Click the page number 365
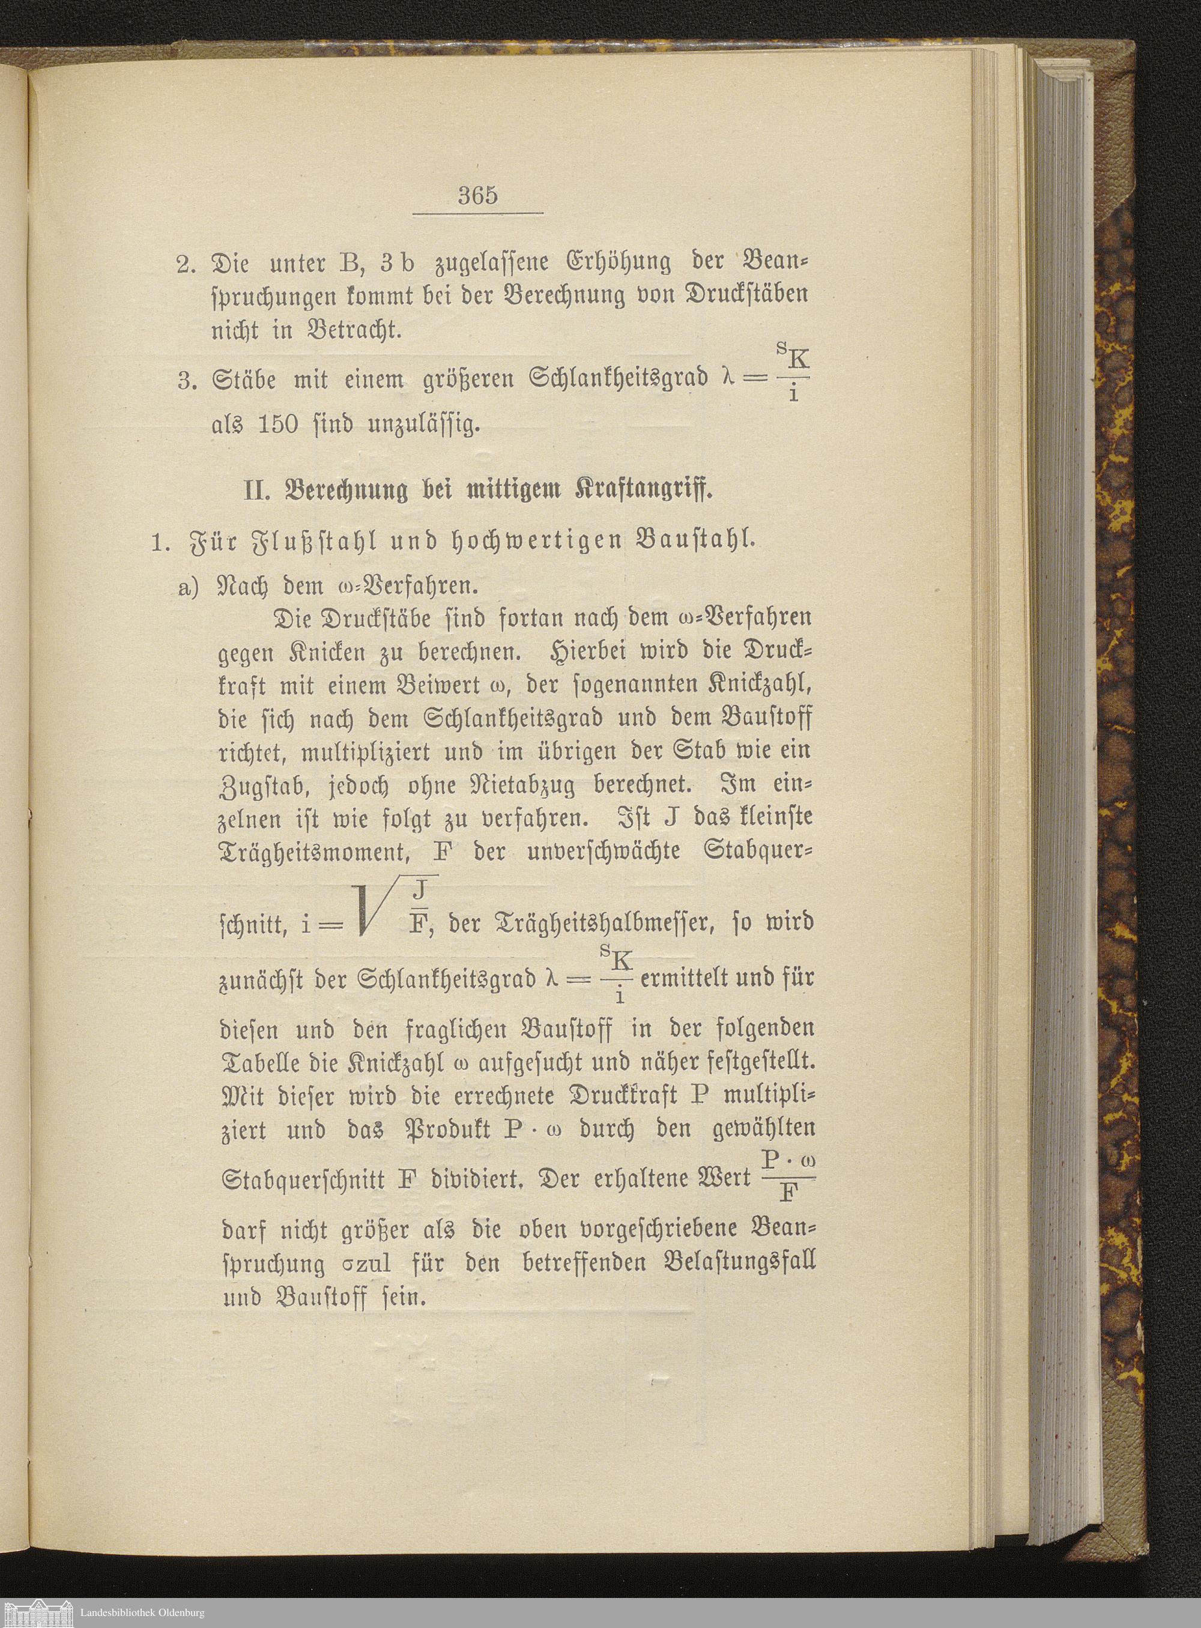tap(477, 196)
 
